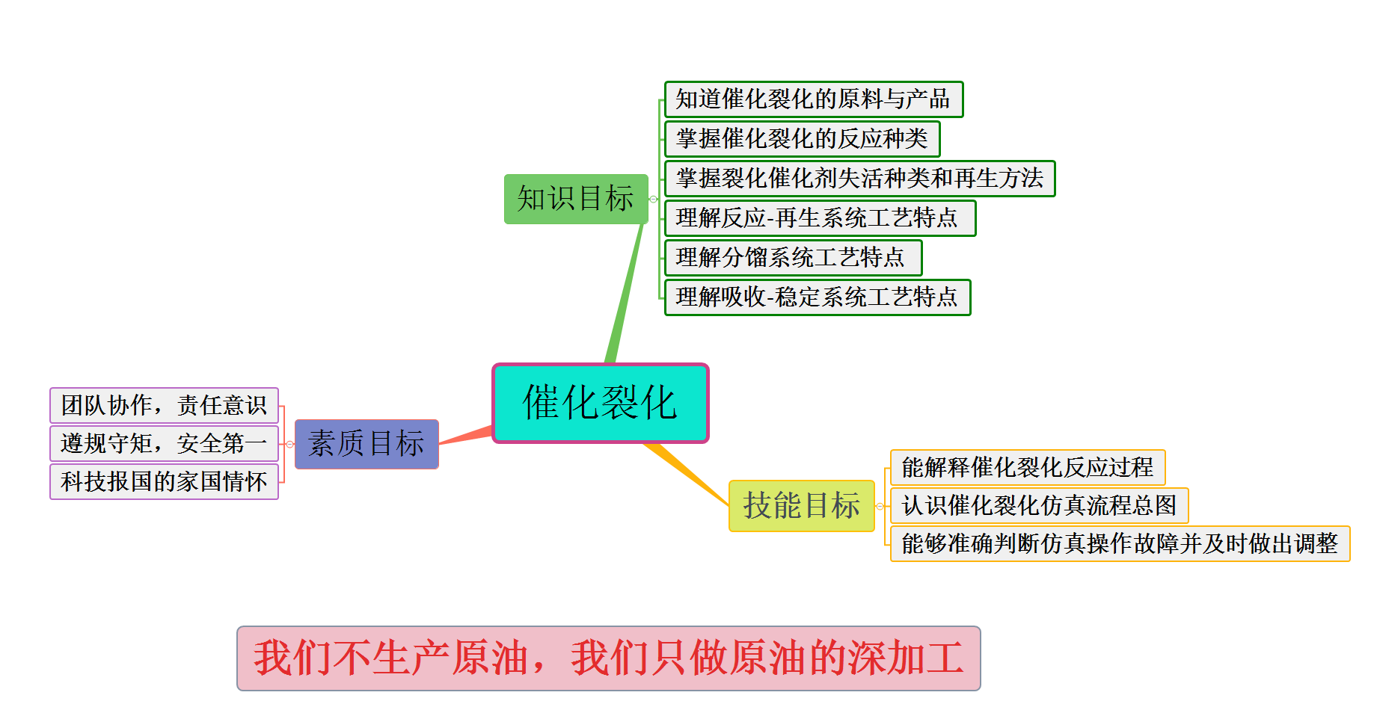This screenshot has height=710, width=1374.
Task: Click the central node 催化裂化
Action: point(600,404)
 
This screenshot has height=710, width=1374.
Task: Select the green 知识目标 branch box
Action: point(575,199)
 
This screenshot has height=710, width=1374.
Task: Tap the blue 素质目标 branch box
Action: point(366,444)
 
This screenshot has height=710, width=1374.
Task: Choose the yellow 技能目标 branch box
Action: point(801,506)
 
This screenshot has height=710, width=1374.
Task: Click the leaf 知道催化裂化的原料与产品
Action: point(813,99)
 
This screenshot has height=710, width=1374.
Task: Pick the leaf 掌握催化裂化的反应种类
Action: point(802,139)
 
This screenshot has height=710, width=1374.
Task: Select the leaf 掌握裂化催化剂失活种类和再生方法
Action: point(859,179)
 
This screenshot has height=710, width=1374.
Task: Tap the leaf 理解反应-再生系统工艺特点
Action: point(820,218)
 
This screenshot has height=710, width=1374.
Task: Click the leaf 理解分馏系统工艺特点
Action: point(793,258)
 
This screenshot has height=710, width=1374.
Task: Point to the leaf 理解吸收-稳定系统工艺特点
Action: point(818,297)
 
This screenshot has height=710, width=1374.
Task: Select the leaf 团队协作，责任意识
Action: point(164,405)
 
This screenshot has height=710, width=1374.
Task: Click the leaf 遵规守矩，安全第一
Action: point(164,443)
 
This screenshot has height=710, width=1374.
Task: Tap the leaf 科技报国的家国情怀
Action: point(164,481)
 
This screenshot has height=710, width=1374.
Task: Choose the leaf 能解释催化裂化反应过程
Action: point(1027,467)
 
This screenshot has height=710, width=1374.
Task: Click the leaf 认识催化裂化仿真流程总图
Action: point(1039,505)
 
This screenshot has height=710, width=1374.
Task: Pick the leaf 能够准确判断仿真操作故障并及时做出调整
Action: point(1120,543)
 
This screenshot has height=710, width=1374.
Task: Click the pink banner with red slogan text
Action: point(608,658)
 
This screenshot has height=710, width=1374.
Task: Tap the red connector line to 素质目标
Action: point(466,436)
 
